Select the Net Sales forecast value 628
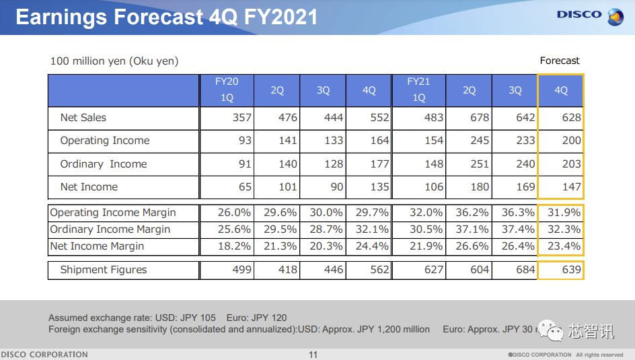tap(571, 118)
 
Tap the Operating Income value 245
tap(479, 141)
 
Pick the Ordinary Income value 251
tap(479, 164)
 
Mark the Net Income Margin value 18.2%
tap(234, 246)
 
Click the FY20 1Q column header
tap(227, 89)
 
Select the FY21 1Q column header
tap(418, 89)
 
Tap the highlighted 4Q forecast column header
tap(560, 90)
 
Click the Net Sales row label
tap(83, 118)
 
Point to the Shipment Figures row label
tap(104, 270)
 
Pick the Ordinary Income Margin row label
tap(110, 229)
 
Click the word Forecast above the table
tap(560, 61)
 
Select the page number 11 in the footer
tap(313, 355)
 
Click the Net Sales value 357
tap(242, 118)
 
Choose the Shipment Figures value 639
tap(571, 270)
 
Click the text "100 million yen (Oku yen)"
tap(114, 61)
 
